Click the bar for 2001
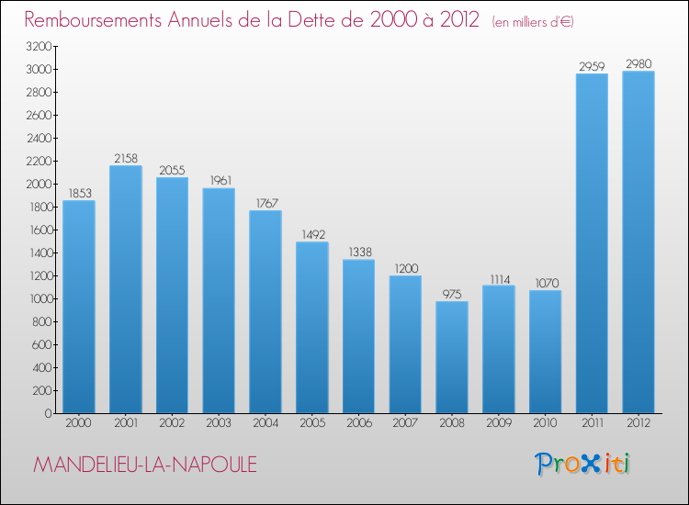(126, 289)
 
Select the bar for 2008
(452, 357)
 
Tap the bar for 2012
(638, 242)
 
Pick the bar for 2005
(312, 328)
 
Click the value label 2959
(592, 66)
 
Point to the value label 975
(452, 294)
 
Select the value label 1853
(79, 193)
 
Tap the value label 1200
(405, 268)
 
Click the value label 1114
(499, 278)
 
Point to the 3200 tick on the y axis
(38, 47)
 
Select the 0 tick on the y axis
(47, 414)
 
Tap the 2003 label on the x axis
(219, 424)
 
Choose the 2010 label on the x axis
(545, 424)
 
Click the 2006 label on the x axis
(358, 424)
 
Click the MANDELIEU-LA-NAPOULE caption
(145, 466)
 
